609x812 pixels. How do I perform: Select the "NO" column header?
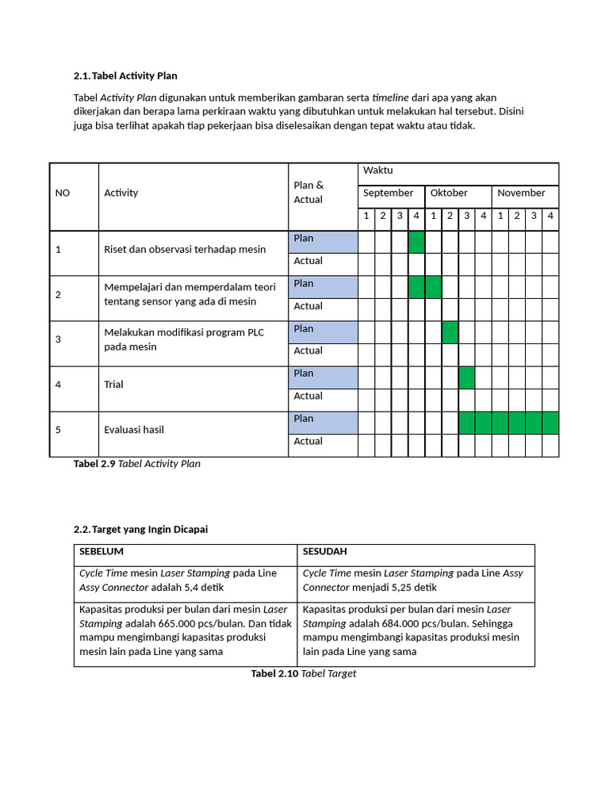62,193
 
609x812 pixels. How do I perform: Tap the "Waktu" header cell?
378,170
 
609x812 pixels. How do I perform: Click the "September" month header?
389,193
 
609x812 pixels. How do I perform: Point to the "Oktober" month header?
449,193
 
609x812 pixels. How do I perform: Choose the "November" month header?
521,193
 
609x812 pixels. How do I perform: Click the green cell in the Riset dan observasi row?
416,242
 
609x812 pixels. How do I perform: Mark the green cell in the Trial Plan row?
467,377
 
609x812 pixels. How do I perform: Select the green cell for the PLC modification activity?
450,332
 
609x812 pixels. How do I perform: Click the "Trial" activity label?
114,385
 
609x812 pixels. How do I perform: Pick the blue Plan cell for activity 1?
323,242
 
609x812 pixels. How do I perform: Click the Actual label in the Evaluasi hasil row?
308,442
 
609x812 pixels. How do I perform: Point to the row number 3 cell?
59,339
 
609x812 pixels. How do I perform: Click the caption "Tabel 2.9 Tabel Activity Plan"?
136,464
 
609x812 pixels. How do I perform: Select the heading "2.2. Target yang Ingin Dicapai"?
140,530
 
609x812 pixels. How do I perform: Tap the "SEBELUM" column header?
101,551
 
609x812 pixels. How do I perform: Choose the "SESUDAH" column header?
325,551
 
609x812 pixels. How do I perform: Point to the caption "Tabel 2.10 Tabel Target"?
304,673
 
